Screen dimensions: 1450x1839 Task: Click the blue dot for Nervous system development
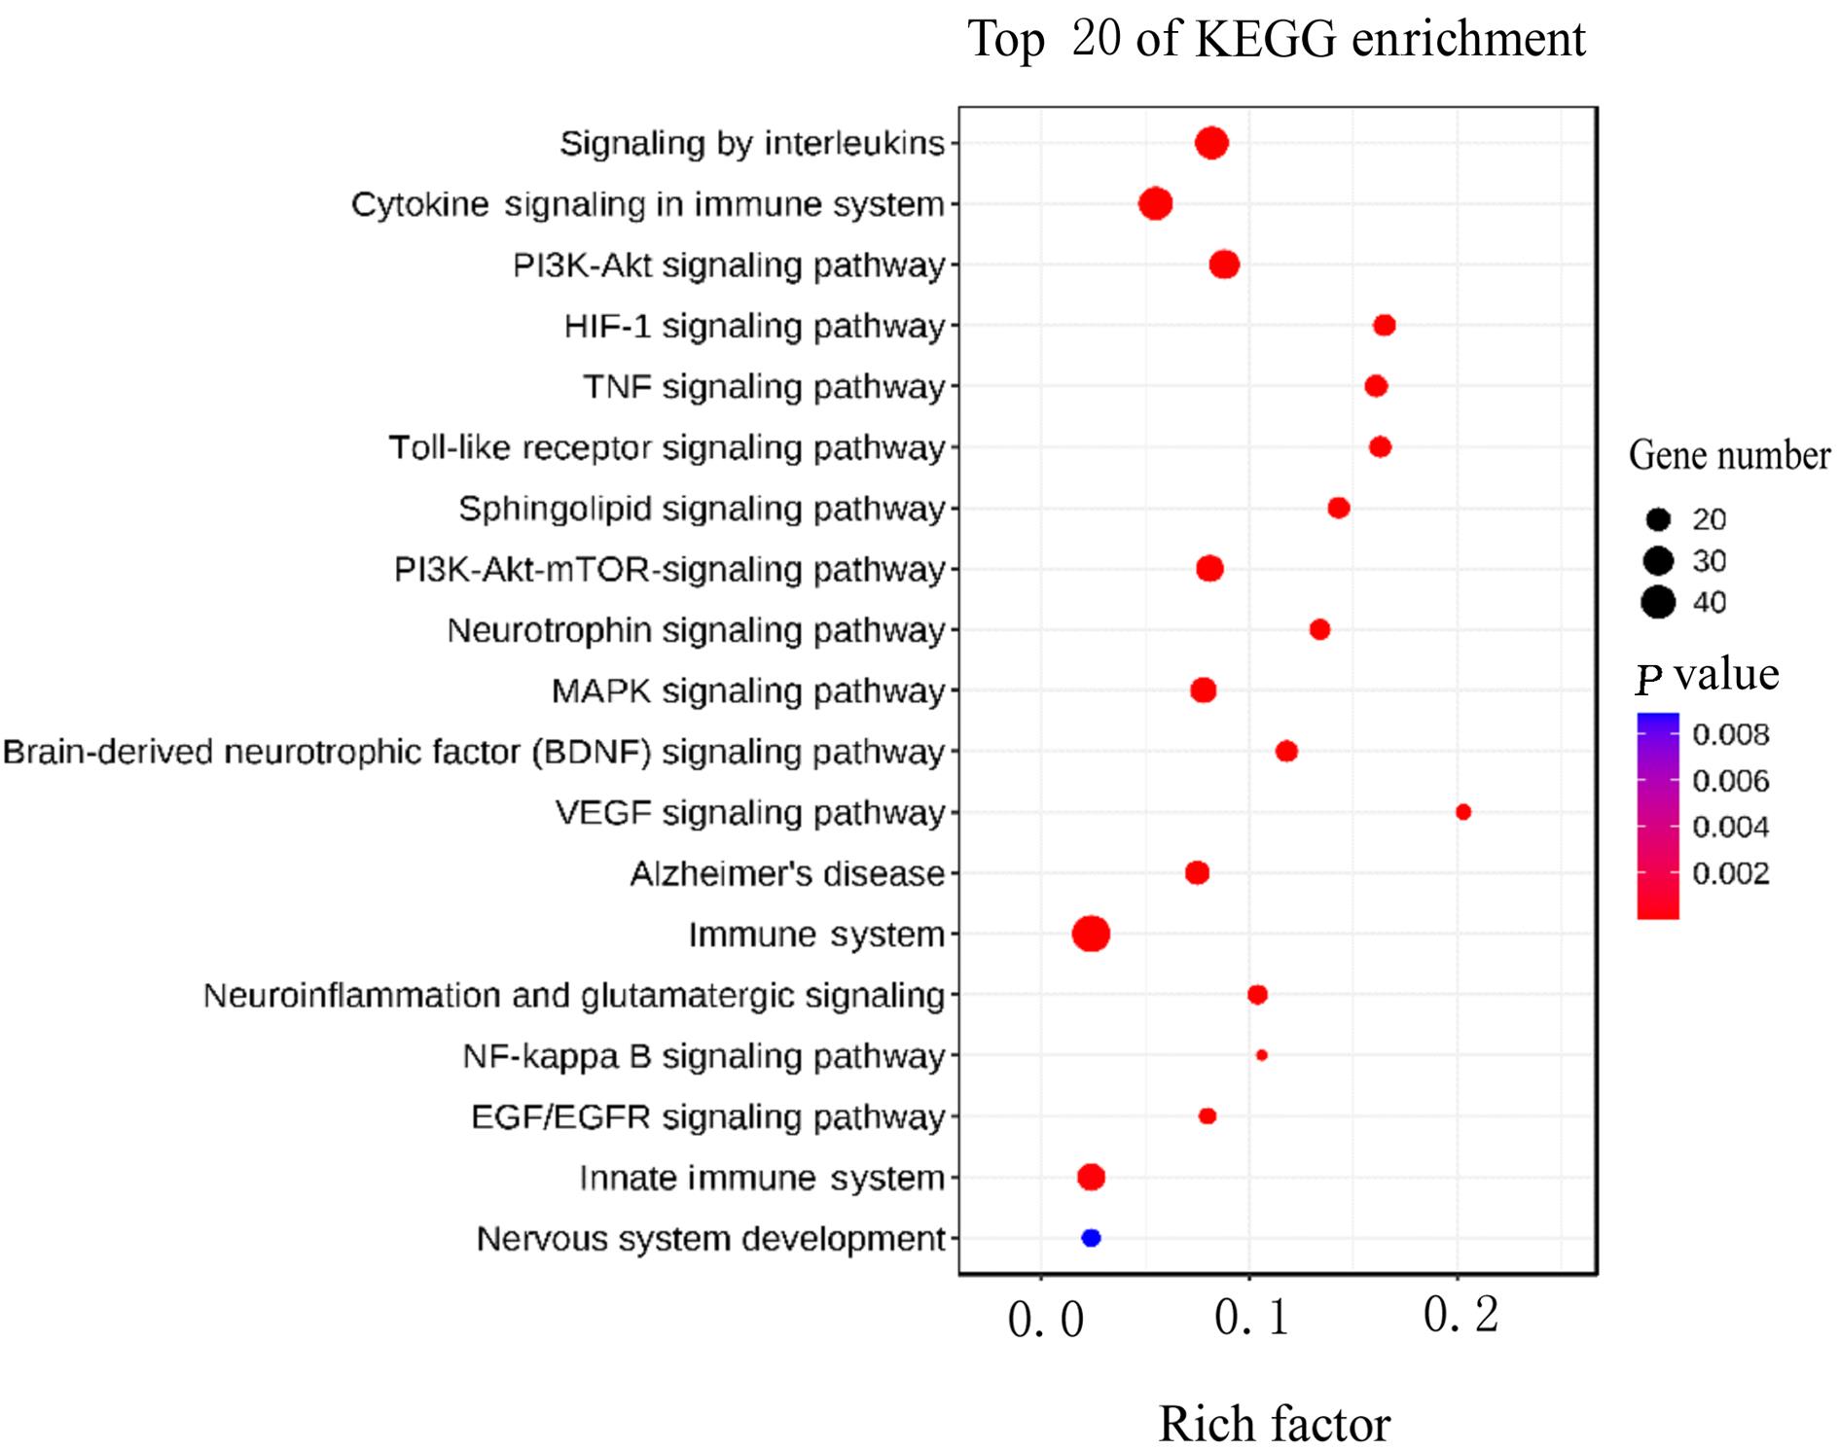(x=1091, y=1238)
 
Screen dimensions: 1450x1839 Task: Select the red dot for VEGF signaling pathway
(x=1462, y=812)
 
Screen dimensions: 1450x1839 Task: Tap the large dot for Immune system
(x=1091, y=934)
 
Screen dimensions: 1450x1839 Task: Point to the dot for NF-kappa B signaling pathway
(x=1261, y=1055)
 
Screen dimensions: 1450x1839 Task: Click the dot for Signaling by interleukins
(x=1211, y=143)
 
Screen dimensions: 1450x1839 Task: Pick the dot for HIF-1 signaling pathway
(x=1384, y=325)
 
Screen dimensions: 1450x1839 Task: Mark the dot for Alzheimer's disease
(x=1197, y=872)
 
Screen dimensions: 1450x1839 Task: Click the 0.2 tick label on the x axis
(x=1460, y=1316)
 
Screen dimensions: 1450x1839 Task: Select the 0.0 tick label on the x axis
(x=1045, y=1320)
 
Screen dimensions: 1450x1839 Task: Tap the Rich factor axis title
(x=1274, y=1424)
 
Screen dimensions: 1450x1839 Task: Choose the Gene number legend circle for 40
(x=1658, y=602)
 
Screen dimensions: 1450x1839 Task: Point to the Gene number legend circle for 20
(x=1658, y=519)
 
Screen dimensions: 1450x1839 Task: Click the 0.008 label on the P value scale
(x=1730, y=734)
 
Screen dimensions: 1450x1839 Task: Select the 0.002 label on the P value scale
(x=1730, y=873)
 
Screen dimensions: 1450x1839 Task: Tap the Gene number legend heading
(x=1729, y=455)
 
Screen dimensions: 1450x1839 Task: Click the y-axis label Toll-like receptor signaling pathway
(x=667, y=447)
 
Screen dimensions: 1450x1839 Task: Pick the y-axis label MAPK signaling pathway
(x=747, y=690)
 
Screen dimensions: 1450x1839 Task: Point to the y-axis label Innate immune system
(x=761, y=1178)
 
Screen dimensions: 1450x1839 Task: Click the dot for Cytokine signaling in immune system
(x=1155, y=204)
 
